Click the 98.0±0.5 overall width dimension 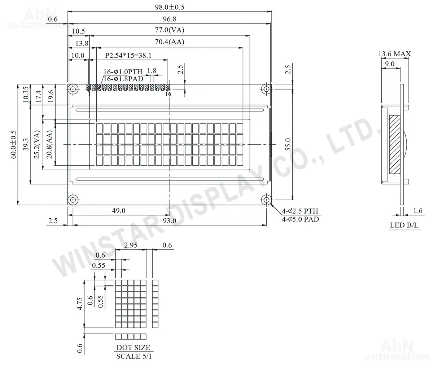click(x=170, y=7)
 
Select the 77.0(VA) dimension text click(x=170, y=30)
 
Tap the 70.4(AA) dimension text click(x=170, y=42)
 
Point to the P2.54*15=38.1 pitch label click(x=128, y=55)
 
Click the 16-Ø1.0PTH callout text click(x=123, y=72)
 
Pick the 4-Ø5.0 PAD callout click(x=301, y=219)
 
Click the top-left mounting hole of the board click(x=73, y=89)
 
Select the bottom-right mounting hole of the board click(x=266, y=200)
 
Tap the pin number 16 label click(x=168, y=94)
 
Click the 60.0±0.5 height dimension click(x=13, y=145)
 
